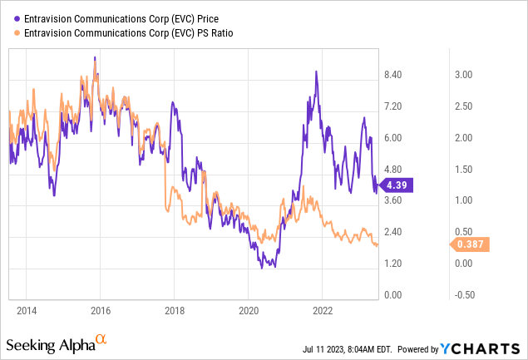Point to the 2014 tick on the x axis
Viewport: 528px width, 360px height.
26,310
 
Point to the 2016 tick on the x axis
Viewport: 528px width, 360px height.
100,310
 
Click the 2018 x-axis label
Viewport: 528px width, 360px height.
174,310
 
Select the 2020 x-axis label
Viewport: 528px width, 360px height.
248,310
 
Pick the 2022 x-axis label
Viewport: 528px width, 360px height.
322,310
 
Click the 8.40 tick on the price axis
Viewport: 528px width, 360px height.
392,75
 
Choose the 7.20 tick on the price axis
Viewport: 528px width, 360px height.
392,106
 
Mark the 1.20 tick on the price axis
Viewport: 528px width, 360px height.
392,264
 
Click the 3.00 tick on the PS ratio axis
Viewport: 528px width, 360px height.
463,75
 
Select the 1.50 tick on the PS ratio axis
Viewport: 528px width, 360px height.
463,169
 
